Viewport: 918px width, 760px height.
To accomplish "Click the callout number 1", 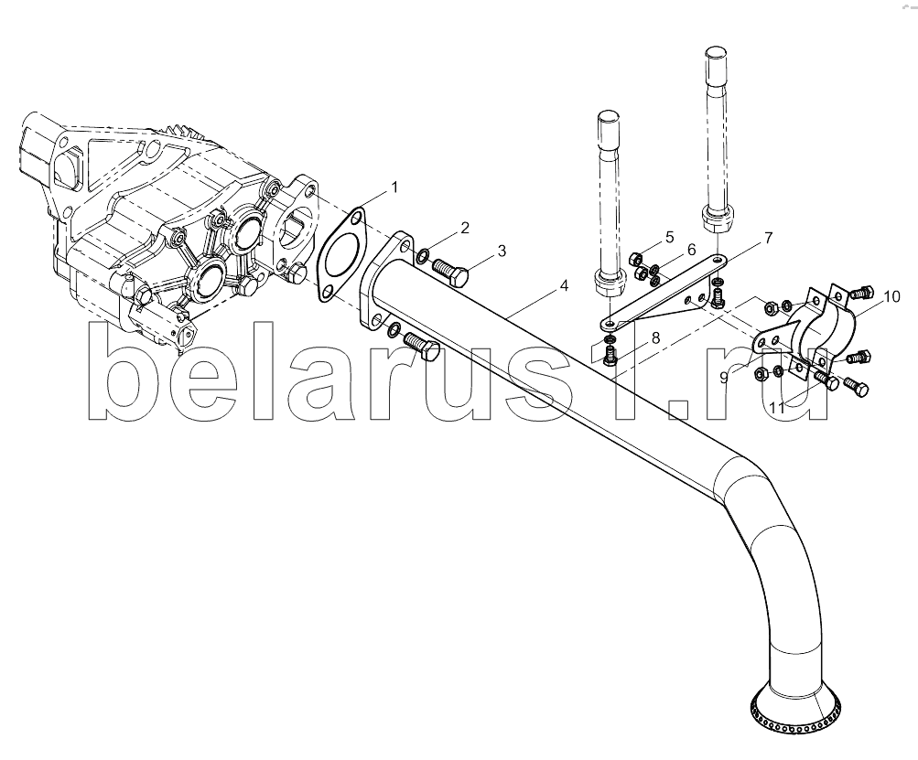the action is click(394, 187).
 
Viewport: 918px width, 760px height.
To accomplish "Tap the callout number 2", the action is click(465, 228).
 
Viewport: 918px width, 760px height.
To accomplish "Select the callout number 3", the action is click(502, 251).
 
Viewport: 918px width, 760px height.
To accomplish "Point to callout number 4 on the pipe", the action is click(564, 285).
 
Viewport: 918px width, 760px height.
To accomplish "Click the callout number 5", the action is click(669, 237).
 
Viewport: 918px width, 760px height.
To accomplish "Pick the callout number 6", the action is click(691, 250).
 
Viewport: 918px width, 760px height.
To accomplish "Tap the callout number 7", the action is click(768, 238).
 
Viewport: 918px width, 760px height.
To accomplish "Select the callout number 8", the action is click(655, 337).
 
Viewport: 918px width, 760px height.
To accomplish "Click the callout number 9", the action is click(724, 378).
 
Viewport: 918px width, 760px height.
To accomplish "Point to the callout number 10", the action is click(891, 296).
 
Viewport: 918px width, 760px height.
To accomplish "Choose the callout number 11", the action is click(777, 408).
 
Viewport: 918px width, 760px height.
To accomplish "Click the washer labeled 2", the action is click(423, 255).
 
